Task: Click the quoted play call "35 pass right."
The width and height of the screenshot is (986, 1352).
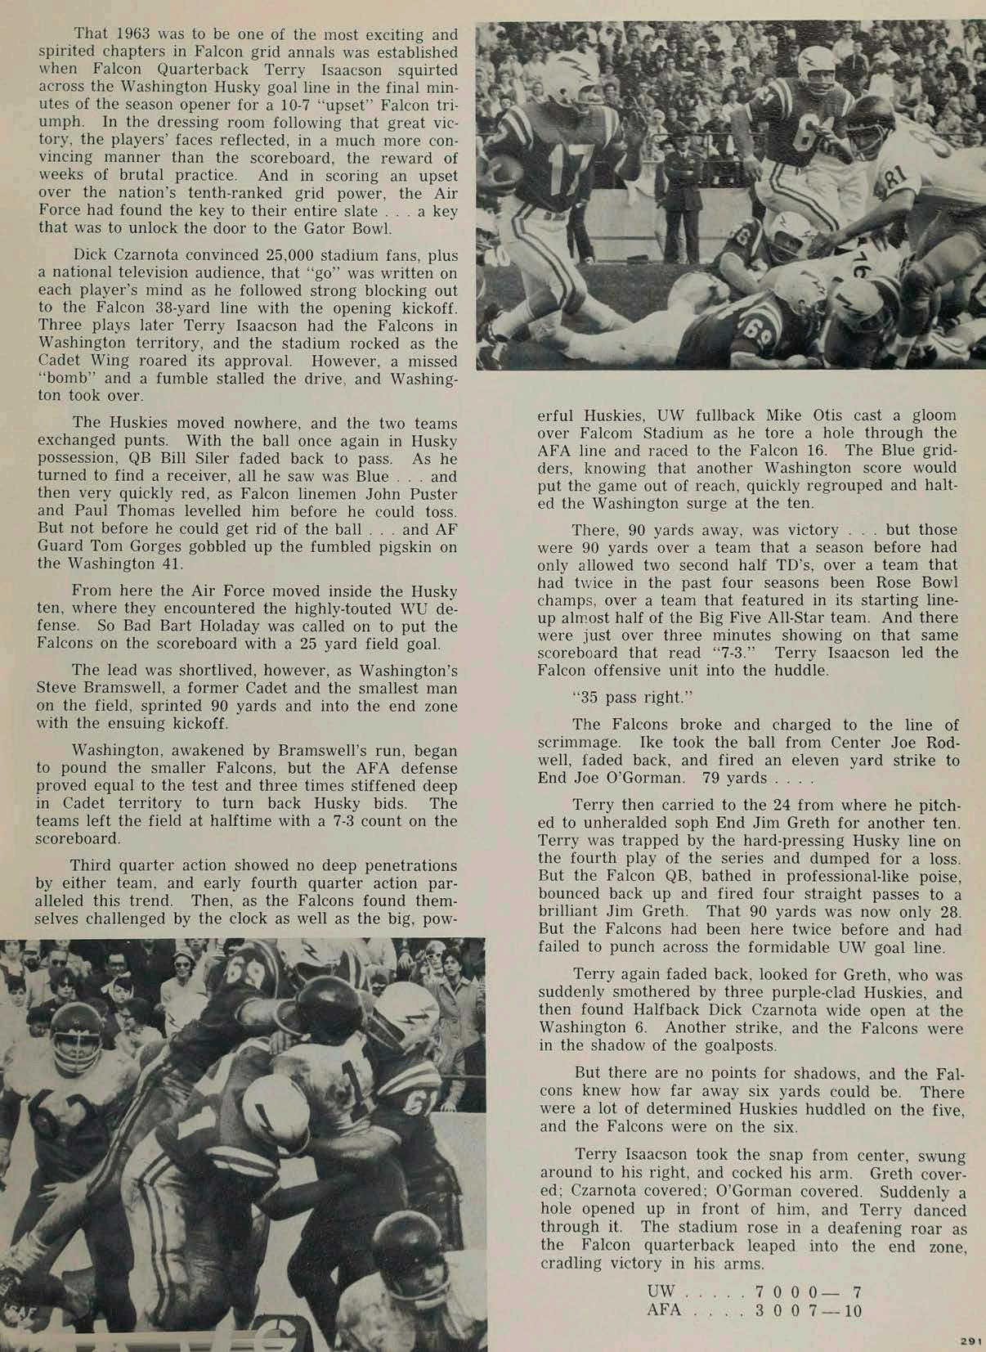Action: click(x=628, y=698)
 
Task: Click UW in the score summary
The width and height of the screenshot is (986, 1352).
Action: click(x=661, y=1291)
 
